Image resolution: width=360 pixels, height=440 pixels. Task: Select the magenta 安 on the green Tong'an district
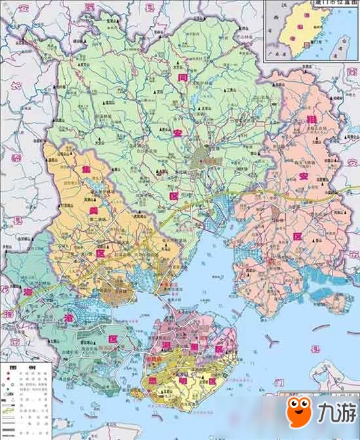point(178,134)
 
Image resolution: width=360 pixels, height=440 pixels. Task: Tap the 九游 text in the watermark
point(334,413)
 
